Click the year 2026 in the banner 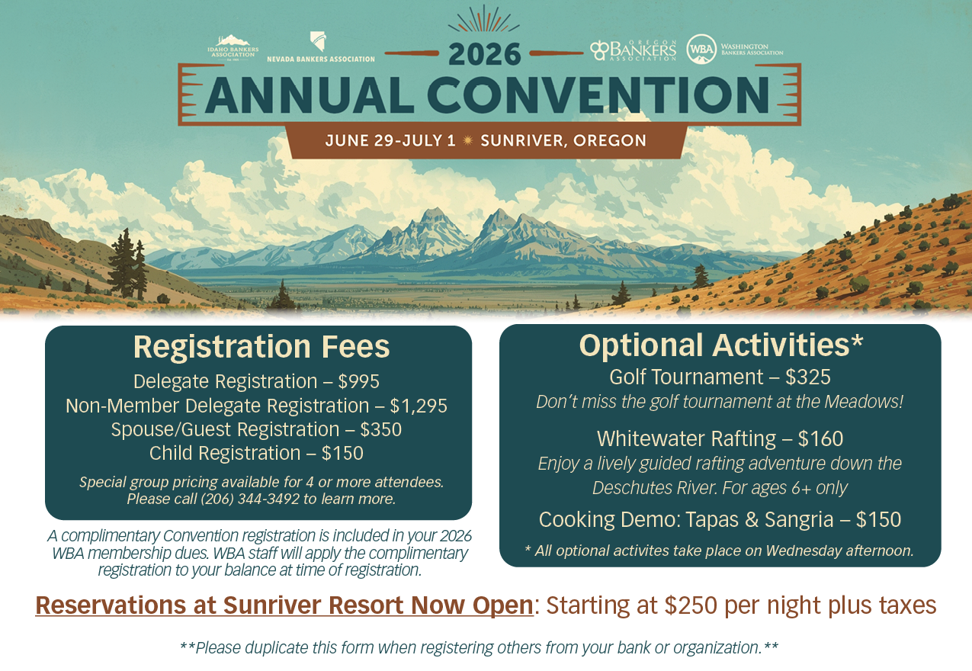[x=484, y=54]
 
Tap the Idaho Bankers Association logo [x=233, y=48]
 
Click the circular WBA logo [x=701, y=49]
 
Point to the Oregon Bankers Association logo [x=633, y=50]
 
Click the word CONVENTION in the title [x=598, y=95]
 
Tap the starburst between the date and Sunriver [x=468, y=140]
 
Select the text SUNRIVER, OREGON [x=563, y=140]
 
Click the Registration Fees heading [x=261, y=347]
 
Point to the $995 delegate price [x=359, y=381]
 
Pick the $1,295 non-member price [x=419, y=406]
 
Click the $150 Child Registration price [x=342, y=453]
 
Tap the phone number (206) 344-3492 [x=250, y=499]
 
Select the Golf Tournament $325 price [x=808, y=377]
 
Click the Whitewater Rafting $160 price [x=820, y=438]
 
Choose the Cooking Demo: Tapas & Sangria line [x=720, y=519]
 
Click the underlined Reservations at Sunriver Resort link [x=284, y=605]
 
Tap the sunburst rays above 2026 [x=484, y=19]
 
